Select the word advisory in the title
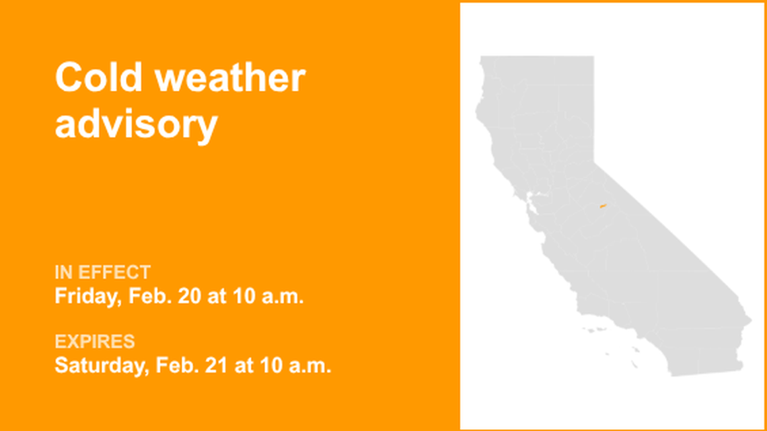point(136,124)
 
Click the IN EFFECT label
point(102,272)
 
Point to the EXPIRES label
point(94,342)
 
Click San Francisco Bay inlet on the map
point(532,200)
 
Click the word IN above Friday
point(63,272)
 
